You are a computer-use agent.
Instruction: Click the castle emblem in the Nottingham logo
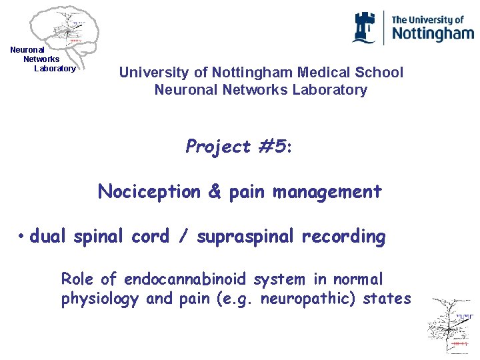point(364,27)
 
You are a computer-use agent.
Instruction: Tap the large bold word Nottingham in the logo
point(432,34)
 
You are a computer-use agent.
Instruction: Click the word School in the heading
point(381,72)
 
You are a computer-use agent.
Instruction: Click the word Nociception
point(149,192)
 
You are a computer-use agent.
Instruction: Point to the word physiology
point(100,299)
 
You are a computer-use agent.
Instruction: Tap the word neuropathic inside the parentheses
point(305,299)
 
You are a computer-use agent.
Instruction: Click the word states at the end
point(387,299)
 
